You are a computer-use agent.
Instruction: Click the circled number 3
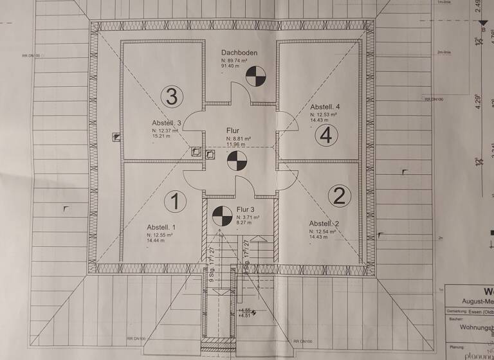click(172, 97)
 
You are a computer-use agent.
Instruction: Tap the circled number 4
click(326, 136)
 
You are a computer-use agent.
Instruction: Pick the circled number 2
click(339, 194)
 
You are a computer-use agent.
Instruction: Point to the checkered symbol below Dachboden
click(255, 76)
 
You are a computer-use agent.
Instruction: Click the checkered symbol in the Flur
click(237, 159)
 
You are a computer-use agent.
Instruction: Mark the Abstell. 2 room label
click(324, 223)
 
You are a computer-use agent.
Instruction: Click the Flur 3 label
click(246, 210)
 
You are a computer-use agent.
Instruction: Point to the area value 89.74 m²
click(238, 60)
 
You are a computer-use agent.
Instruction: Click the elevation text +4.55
click(244, 310)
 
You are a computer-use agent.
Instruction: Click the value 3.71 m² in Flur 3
click(248, 217)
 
